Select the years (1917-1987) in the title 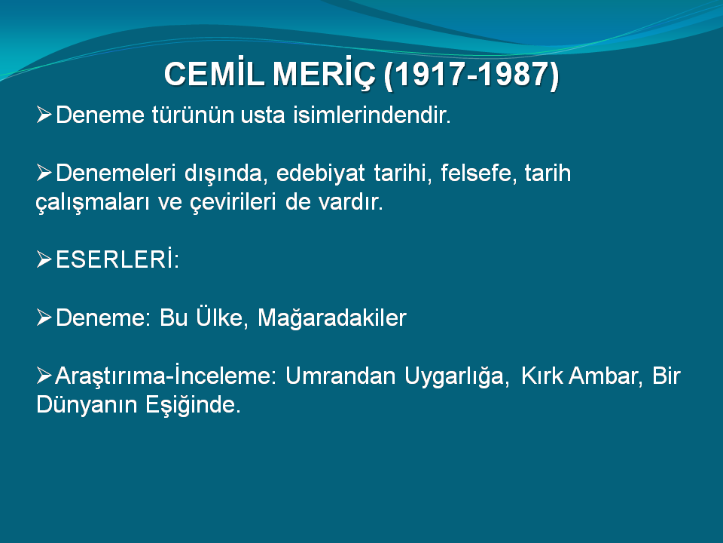(x=471, y=75)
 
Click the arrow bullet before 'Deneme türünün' (x=44, y=115)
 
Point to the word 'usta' (x=263, y=115)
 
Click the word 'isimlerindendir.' (x=371, y=115)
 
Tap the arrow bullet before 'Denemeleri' (x=44, y=173)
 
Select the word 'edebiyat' (x=321, y=173)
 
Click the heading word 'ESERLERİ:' (x=117, y=259)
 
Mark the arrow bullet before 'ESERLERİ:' (x=44, y=259)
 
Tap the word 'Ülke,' (x=222, y=317)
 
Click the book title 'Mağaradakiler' (x=332, y=318)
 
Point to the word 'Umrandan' (x=340, y=376)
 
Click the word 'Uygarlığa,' (x=457, y=377)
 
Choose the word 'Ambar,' (x=606, y=376)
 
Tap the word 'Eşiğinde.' (x=194, y=406)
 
